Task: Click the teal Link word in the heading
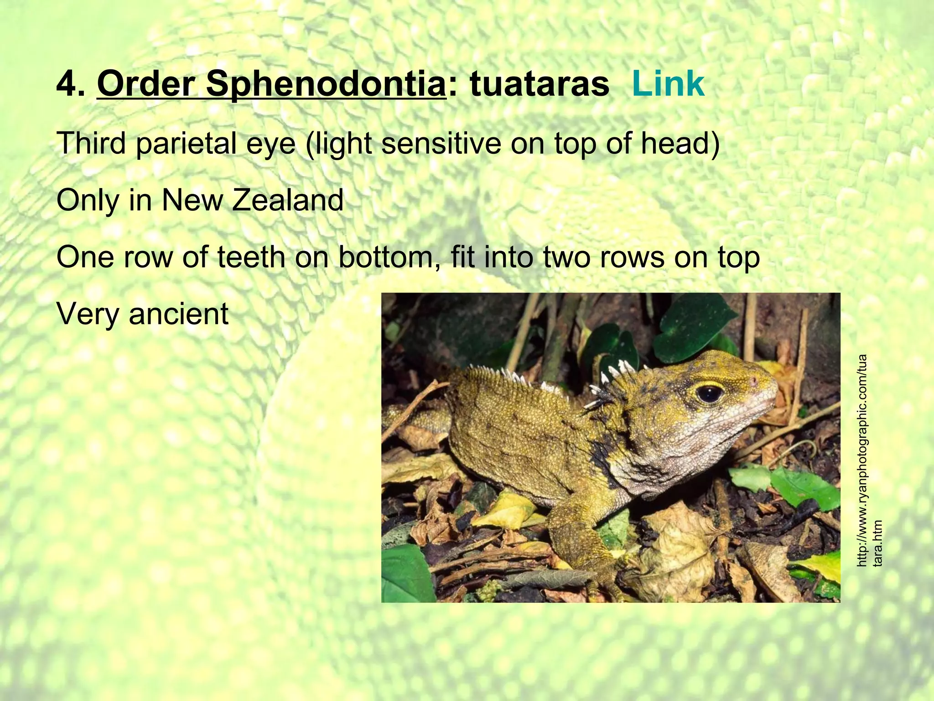[x=668, y=84]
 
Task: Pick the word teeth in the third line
[x=249, y=257]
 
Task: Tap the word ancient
[x=178, y=314]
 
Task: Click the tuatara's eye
[x=710, y=392]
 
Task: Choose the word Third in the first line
[x=91, y=143]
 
